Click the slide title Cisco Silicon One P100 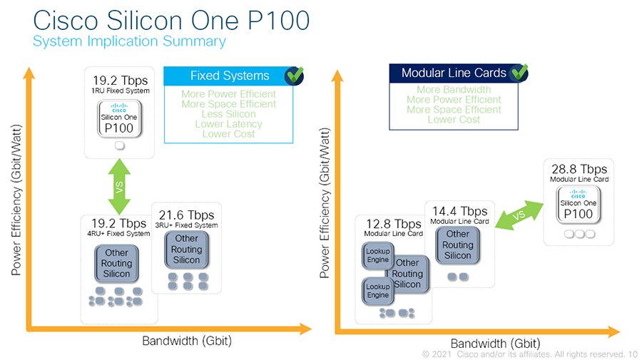coord(171,20)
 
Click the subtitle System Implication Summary coord(129,41)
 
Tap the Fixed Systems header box coord(229,76)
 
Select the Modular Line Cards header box coord(454,73)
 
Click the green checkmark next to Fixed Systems coord(294,75)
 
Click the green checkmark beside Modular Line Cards coord(519,72)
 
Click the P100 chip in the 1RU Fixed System coord(119,120)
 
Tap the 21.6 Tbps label coord(187,215)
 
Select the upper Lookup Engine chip coord(377,255)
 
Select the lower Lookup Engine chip coord(377,290)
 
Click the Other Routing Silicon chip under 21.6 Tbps coord(187,250)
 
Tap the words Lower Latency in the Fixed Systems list coord(229,124)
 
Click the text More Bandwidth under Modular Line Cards coord(454,90)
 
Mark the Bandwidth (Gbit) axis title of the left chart coord(187,341)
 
